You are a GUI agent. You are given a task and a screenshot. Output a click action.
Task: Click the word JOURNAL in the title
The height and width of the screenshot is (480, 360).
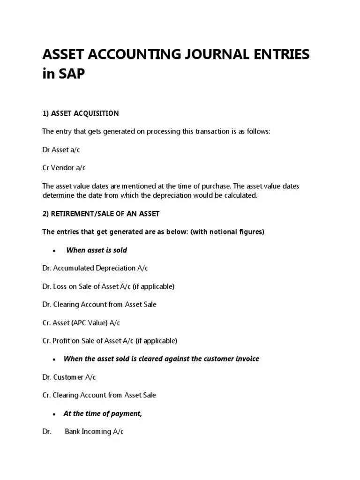pyautogui.click(x=214, y=55)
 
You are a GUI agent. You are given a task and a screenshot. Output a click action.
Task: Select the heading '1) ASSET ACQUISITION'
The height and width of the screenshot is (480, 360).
pyautogui.click(x=81, y=113)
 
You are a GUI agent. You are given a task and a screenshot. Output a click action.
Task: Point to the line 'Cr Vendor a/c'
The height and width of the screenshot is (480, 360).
pyautogui.click(x=64, y=168)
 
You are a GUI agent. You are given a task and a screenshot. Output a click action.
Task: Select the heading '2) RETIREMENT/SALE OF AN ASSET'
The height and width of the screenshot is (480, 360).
pyautogui.click(x=101, y=214)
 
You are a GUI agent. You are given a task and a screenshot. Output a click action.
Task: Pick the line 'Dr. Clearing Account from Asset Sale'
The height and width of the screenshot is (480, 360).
pyautogui.click(x=99, y=305)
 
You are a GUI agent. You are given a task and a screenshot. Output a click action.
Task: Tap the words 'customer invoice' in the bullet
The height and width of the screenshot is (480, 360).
pyautogui.click(x=232, y=359)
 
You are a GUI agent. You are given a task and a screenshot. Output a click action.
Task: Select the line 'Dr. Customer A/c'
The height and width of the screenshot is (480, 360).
pyautogui.click(x=69, y=377)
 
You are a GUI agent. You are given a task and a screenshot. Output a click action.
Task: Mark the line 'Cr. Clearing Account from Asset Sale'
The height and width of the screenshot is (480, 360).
pyautogui.click(x=99, y=395)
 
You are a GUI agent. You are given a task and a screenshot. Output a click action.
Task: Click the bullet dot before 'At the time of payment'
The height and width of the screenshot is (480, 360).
pyautogui.click(x=55, y=414)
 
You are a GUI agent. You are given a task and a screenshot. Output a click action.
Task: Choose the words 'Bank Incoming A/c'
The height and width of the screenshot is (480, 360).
pyautogui.click(x=94, y=432)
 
